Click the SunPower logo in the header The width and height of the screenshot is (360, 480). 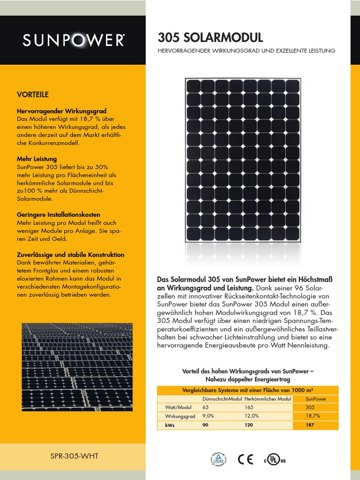click(74, 41)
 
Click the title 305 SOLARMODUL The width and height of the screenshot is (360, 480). click(210, 37)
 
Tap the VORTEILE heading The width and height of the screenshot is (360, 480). click(33, 95)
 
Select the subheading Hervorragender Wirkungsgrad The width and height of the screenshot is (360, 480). click(61, 111)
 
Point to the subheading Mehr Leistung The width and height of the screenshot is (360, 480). click(37, 159)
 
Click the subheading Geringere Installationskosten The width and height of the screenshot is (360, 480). click(59, 214)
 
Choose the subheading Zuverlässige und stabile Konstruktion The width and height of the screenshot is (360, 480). click(70, 255)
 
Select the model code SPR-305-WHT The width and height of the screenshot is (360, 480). click(74, 456)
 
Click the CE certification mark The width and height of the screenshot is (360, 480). click(245, 459)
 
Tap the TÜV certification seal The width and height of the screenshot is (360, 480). click(218, 460)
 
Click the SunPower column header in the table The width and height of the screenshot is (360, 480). click(316, 398)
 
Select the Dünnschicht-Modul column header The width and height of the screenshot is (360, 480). click(222, 398)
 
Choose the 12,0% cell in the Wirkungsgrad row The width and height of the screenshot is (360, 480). click(252, 416)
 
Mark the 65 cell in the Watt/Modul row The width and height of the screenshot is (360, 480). click(206, 407)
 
